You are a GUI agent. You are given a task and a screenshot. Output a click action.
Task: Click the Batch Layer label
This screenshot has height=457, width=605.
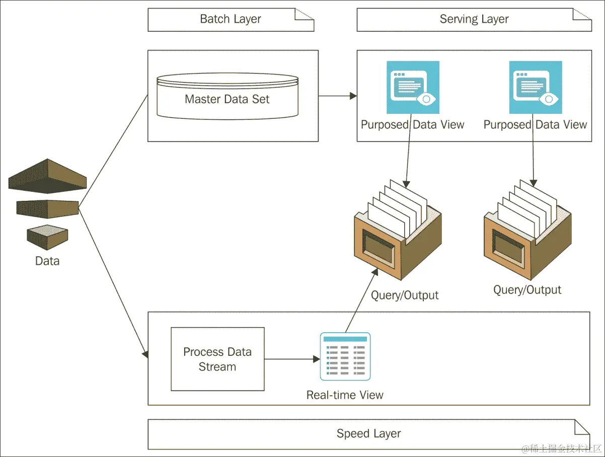click(231, 20)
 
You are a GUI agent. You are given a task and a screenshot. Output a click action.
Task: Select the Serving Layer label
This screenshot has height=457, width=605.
click(474, 20)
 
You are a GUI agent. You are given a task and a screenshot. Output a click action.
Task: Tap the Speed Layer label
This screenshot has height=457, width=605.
click(368, 434)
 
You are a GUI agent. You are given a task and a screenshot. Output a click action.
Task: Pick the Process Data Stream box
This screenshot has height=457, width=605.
click(217, 359)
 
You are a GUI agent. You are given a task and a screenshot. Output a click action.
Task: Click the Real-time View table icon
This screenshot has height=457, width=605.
click(345, 356)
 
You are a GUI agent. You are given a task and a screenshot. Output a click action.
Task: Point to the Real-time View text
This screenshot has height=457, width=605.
click(345, 395)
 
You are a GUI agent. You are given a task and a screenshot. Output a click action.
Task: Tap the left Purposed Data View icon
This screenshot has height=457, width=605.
click(413, 88)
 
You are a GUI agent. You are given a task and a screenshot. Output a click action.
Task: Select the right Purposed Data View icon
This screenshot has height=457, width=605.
click(536, 88)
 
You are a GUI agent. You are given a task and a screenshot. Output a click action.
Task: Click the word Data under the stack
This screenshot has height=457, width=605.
click(47, 261)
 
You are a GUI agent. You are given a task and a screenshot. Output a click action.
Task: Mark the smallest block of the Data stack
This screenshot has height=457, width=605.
click(47, 237)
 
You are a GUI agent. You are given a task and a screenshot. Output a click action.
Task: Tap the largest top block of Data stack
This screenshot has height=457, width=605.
click(47, 176)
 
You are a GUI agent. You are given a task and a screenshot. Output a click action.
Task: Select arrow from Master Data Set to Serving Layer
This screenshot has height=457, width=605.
click(337, 96)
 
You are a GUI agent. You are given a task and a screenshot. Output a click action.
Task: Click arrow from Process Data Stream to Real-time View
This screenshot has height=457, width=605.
click(292, 359)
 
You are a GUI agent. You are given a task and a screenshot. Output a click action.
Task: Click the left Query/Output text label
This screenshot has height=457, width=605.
click(405, 295)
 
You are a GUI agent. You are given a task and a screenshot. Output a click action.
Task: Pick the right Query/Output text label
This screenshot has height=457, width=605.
click(527, 290)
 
